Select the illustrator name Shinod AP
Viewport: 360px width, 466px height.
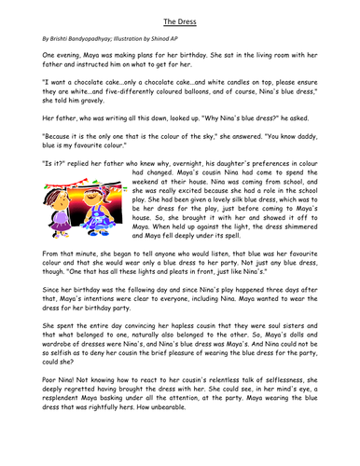click(x=210, y=41)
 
